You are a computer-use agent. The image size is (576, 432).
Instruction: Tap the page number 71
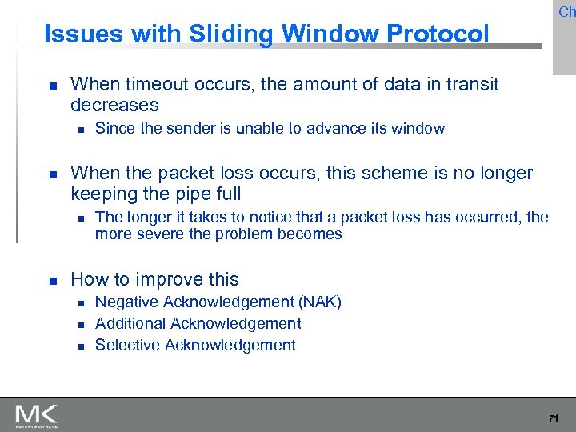[553, 418]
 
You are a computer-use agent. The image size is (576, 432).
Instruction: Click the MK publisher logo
[36, 415]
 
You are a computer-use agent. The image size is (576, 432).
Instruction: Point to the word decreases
[114, 105]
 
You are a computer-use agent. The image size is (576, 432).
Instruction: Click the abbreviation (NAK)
[320, 302]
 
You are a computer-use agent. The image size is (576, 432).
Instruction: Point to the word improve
[155, 279]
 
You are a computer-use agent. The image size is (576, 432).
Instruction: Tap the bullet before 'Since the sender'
[78, 130]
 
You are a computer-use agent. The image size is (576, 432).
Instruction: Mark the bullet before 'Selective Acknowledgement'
[78, 346]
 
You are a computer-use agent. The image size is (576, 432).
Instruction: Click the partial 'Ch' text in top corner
[566, 11]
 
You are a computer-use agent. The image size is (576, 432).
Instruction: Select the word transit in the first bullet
[473, 84]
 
